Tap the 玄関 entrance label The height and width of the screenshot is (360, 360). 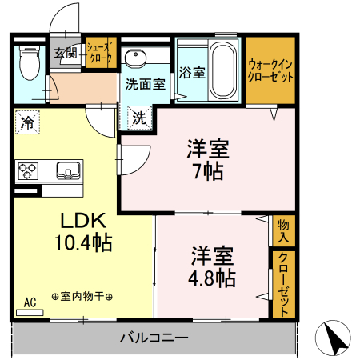pos(65,54)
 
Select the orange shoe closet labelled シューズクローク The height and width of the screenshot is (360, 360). pos(101,53)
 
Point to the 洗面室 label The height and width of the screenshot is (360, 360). pos(144,82)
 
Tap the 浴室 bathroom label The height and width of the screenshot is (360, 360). pos(191,72)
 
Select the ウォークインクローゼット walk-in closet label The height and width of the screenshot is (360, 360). pos(270,70)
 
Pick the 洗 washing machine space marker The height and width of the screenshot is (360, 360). pos(139,119)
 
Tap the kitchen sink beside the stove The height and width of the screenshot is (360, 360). pos(67,170)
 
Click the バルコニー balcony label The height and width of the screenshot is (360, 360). pos(154,337)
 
